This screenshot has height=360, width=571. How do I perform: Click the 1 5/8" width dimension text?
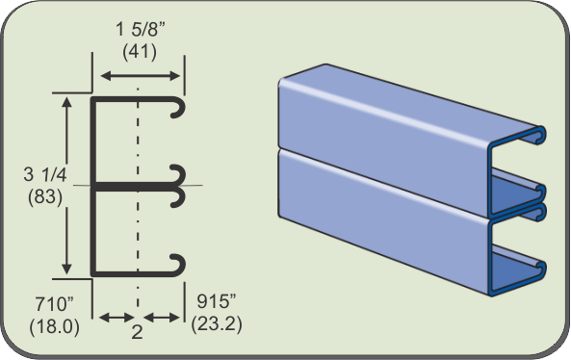[141, 29]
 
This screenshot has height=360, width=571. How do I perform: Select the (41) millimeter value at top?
[140, 52]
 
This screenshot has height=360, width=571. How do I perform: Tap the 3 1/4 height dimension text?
[45, 174]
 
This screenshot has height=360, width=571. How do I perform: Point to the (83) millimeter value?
[45, 197]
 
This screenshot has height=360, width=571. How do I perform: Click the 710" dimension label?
[54, 304]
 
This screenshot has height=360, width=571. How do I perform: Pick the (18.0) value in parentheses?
[54, 326]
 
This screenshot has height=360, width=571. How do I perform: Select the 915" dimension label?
[217, 301]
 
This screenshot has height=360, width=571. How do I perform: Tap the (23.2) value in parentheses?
[217, 323]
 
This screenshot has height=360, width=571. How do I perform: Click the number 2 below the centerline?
[137, 332]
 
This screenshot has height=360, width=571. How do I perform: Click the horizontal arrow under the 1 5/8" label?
[141, 76]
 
